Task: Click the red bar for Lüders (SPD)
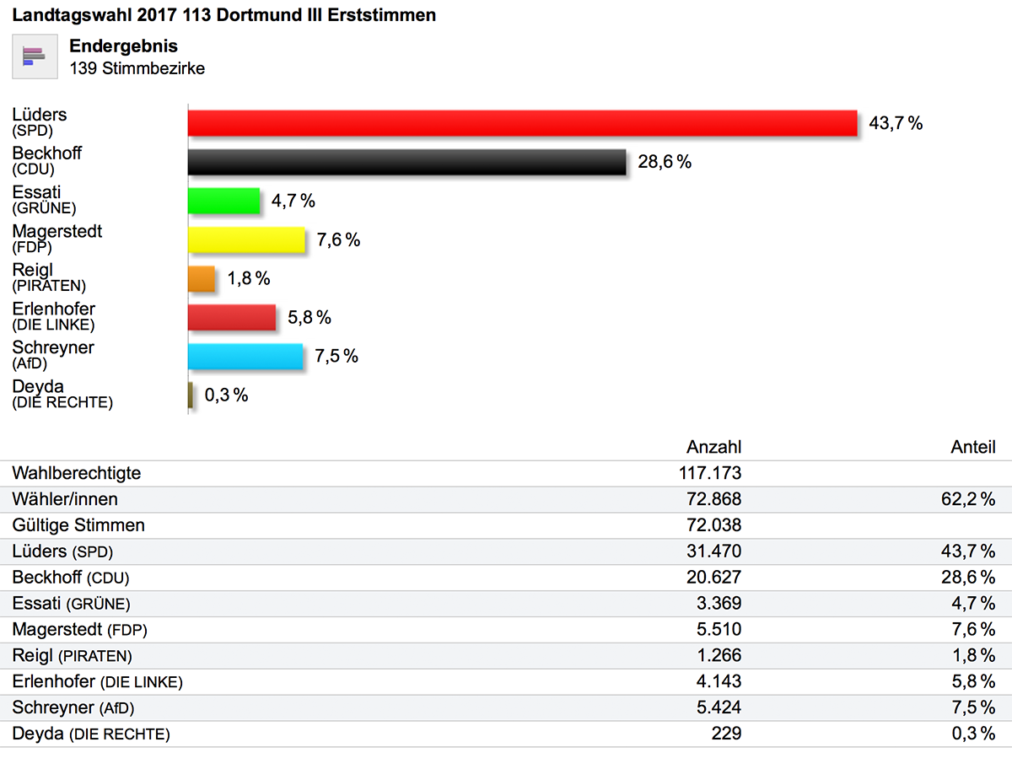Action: (522, 123)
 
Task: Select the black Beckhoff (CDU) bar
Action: (406, 162)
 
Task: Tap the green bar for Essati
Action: (223, 201)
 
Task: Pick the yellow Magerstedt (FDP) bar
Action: (246, 240)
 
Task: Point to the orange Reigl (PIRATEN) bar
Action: (202, 279)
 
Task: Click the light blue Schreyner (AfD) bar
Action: (245, 357)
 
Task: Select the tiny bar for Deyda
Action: (191, 395)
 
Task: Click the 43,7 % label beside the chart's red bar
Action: (896, 124)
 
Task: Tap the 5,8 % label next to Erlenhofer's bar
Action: (310, 318)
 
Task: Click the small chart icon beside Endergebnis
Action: (35, 56)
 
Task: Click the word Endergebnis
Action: (123, 46)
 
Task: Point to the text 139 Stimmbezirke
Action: (137, 69)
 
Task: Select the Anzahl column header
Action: (713, 448)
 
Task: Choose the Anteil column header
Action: (973, 448)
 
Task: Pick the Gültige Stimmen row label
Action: (78, 525)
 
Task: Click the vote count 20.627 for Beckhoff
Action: (713, 578)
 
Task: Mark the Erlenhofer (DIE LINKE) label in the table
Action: (97, 682)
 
